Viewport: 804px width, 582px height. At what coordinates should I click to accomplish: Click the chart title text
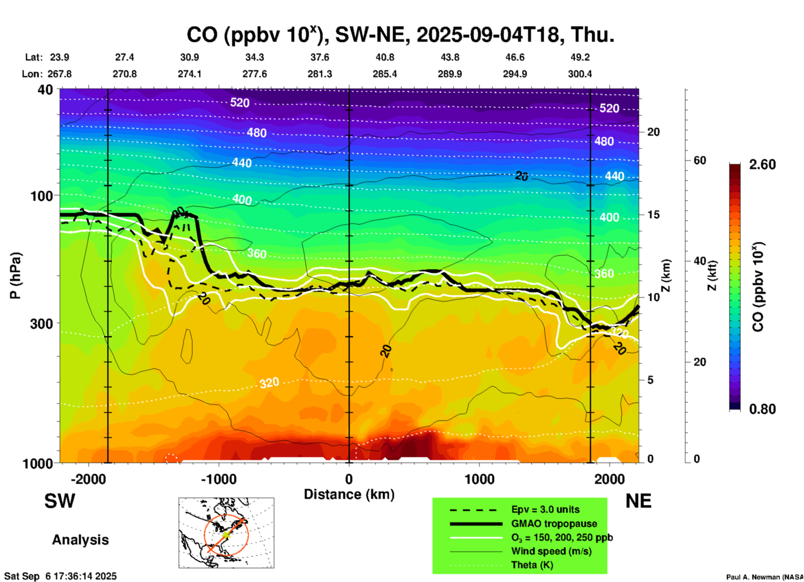400,35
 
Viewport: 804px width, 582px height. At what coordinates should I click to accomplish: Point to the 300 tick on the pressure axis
42,324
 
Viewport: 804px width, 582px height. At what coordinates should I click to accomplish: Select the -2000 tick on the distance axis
88,479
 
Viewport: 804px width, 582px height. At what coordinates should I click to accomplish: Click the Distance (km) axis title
349,494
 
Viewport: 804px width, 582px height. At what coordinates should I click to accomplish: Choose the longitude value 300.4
580,74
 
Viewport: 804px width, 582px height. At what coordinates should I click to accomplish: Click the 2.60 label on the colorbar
762,164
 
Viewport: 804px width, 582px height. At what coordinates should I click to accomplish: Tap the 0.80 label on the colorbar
762,409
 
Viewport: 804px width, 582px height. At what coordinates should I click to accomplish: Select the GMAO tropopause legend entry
554,524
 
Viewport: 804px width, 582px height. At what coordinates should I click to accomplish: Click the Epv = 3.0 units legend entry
545,509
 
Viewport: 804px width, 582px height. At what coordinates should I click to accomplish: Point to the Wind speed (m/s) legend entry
551,551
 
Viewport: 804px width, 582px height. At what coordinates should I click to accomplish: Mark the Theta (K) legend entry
532,565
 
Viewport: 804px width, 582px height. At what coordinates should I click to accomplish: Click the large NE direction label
638,501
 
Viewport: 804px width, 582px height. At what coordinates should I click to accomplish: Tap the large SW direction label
60,501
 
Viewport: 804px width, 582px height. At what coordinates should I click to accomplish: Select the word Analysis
80,540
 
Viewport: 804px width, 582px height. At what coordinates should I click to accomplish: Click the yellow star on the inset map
226,535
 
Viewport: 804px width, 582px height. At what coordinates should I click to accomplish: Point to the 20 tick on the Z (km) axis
653,132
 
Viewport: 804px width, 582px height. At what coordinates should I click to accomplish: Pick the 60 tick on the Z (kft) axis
700,160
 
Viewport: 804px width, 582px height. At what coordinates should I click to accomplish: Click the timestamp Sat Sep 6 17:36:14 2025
61,577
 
